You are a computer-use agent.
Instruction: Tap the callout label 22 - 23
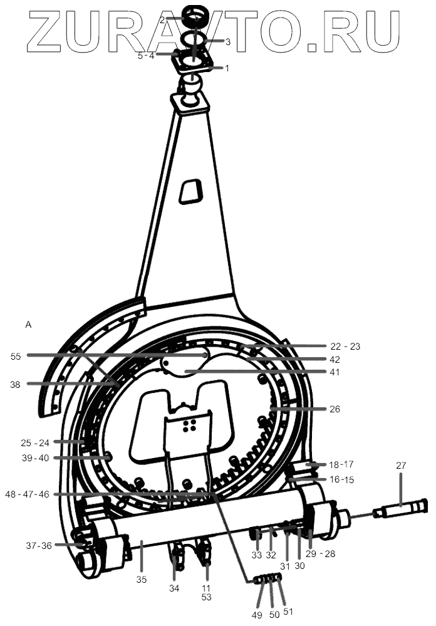[x=345, y=346]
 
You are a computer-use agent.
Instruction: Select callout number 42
[x=335, y=359]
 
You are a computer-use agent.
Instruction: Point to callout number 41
[x=335, y=372]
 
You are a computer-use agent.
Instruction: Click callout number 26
[x=335, y=409]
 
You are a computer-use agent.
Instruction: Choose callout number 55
[x=16, y=356]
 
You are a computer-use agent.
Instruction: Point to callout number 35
[x=142, y=580]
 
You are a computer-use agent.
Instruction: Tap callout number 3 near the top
[x=227, y=41]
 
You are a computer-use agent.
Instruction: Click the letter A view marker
[x=28, y=325]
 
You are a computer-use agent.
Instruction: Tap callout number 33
[x=256, y=555]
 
